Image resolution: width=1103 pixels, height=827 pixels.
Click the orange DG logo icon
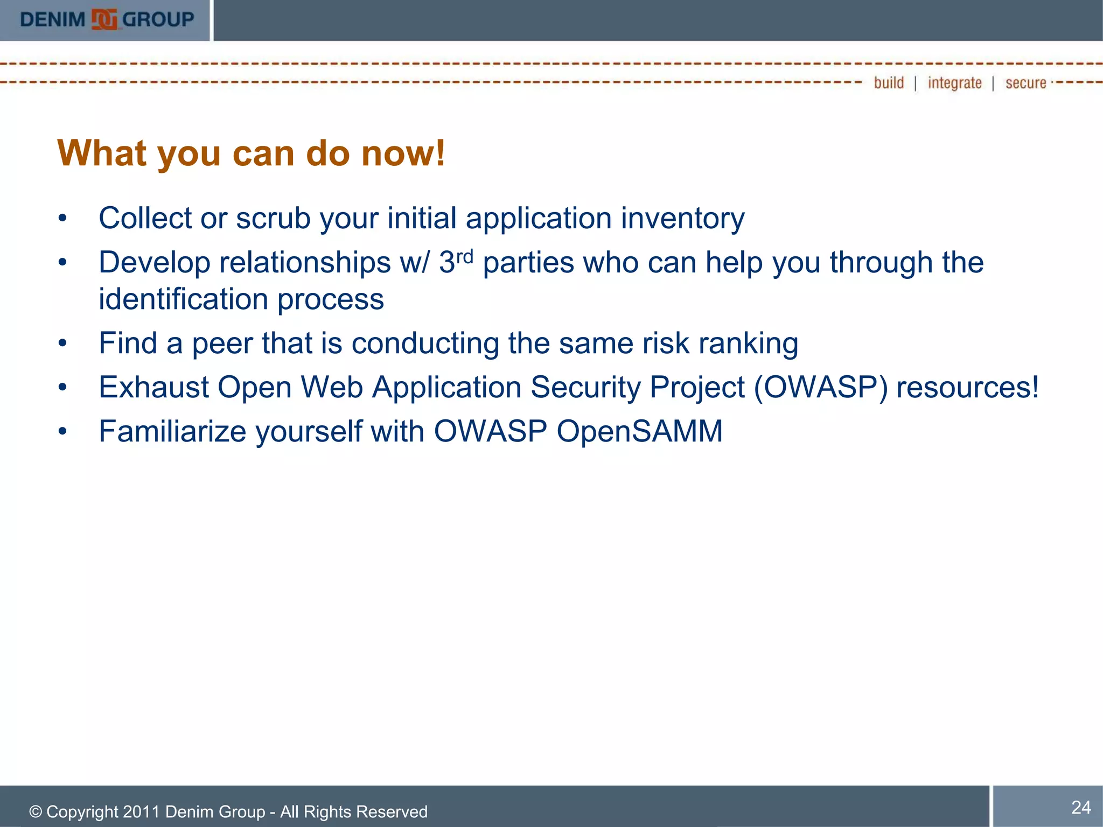[x=104, y=19]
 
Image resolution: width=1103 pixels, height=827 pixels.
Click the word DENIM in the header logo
[x=52, y=20]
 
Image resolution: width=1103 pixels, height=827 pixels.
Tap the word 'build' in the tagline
[x=889, y=83]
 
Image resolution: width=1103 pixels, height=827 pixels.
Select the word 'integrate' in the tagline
[x=954, y=83]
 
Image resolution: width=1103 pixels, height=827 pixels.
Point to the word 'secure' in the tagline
[x=1025, y=83]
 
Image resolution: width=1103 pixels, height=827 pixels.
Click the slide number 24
[x=1080, y=807]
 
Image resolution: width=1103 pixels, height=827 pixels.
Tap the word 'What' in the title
[x=101, y=153]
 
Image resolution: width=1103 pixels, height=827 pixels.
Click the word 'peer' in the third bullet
[x=222, y=344]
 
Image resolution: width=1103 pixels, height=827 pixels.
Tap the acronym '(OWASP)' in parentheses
[x=820, y=387]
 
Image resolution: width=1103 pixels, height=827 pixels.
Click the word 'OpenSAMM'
[x=639, y=431]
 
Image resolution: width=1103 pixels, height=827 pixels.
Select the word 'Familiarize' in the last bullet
[x=172, y=431]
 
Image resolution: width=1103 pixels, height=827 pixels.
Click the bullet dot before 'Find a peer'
[x=63, y=344]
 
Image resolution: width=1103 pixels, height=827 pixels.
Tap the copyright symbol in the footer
[x=36, y=812]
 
